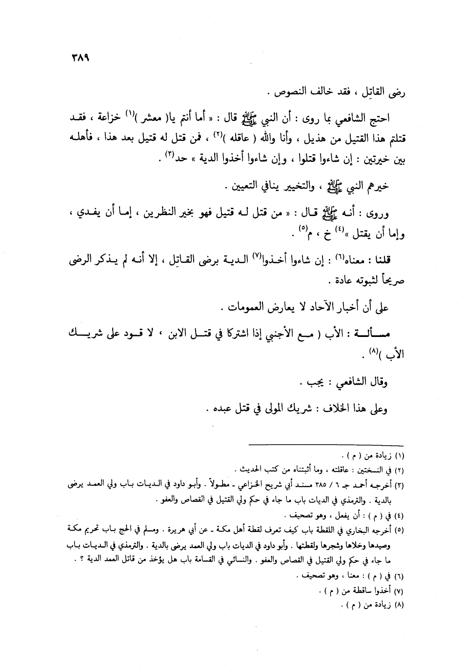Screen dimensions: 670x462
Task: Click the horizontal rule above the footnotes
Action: click(326, 445)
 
